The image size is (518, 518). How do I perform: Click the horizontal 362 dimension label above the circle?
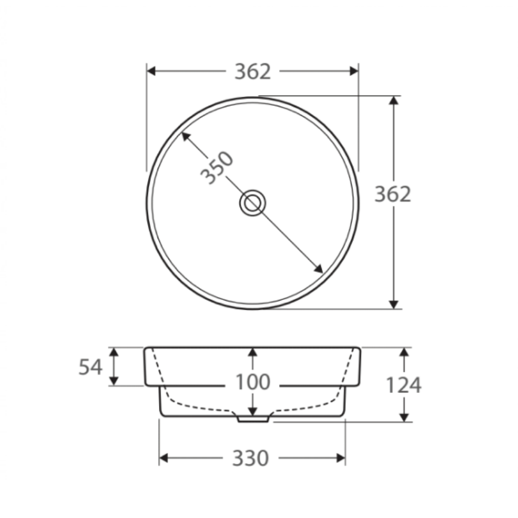[253, 71]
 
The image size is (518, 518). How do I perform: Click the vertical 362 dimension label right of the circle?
[393, 194]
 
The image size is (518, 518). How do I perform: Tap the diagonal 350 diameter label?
[217, 167]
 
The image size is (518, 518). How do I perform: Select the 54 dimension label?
[90, 367]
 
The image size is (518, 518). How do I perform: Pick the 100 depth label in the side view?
[253, 382]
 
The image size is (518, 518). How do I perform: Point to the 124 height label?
[403, 385]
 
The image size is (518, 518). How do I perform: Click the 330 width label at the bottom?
[250, 459]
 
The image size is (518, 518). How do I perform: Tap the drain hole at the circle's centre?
[253, 203]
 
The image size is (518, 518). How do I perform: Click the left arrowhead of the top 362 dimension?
[151, 71]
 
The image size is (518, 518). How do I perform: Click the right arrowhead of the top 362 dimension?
[354, 71]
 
